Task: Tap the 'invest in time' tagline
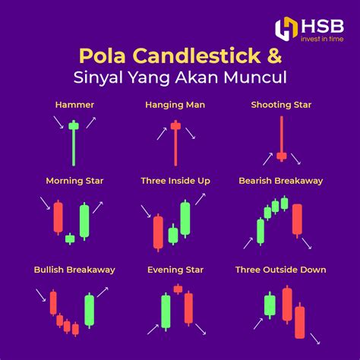[x=321, y=39]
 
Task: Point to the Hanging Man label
[x=175, y=104]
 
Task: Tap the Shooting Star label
[x=280, y=104]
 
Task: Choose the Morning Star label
[x=74, y=181]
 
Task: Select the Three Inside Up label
[x=175, y=181]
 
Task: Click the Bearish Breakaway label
[x=280, y=181]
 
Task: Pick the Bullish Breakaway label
[x=74, y=270]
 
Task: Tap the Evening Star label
[x=175, y=270]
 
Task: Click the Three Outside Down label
[x=280, y=270]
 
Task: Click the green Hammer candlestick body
[x=74, y=125]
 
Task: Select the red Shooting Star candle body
[x=281, y=156]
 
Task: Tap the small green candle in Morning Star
[x=70, y=238]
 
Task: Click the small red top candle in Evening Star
[x=178, y=289]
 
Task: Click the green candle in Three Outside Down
[x=270, y=305]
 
